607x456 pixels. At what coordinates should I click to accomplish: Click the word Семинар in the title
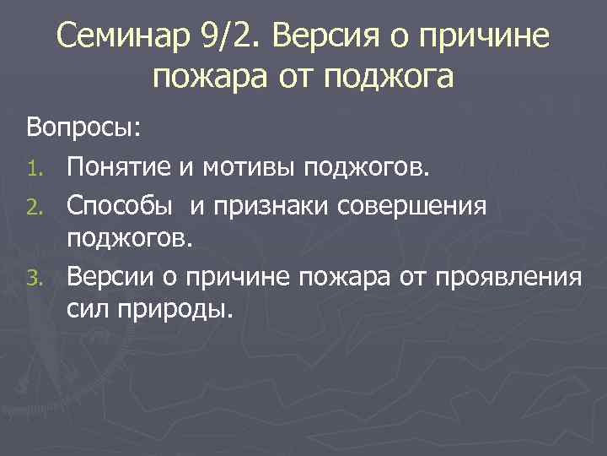[121, 36]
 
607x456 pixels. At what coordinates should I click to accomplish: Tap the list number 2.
[35, 205]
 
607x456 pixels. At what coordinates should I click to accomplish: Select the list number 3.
[35, 276]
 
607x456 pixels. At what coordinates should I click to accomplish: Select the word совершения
[422, 205]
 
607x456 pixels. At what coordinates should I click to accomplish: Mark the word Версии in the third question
[113, 276]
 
